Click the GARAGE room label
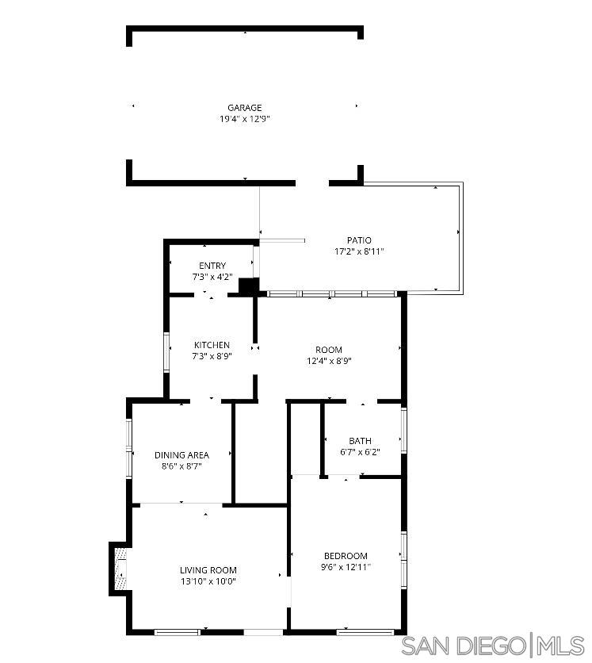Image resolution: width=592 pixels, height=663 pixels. click(244, 108)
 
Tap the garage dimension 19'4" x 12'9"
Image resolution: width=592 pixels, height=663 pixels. click(244, 119)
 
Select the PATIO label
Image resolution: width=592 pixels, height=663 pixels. click(358, 240)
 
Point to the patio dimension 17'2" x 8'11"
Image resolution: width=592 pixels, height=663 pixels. click(358, 251)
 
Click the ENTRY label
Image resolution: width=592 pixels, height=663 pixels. click(212, 266)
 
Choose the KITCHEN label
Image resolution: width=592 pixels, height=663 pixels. click(212, 345)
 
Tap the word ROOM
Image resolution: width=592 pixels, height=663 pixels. click(329, 350)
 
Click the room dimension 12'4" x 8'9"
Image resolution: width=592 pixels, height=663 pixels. click(329, 361)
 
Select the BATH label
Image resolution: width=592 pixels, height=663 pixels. click(360, 441)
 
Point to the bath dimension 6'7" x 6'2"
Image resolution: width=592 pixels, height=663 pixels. click(360, 452)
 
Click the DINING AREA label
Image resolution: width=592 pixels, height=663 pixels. click(181, 455)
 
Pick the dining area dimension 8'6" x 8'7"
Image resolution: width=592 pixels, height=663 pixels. click(181, 466)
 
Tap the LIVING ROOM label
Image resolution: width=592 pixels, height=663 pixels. click(208, 570)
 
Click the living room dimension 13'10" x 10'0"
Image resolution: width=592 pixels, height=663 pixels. click(208, 581)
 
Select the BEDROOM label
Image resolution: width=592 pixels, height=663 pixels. click(346, 556)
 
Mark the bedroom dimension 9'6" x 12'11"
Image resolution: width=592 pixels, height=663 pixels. click(346, 567)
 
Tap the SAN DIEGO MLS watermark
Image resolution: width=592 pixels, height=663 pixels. click(492, 646)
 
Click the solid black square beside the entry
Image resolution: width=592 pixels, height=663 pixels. click(248, 286)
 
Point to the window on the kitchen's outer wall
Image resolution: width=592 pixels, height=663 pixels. click(166, 352)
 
